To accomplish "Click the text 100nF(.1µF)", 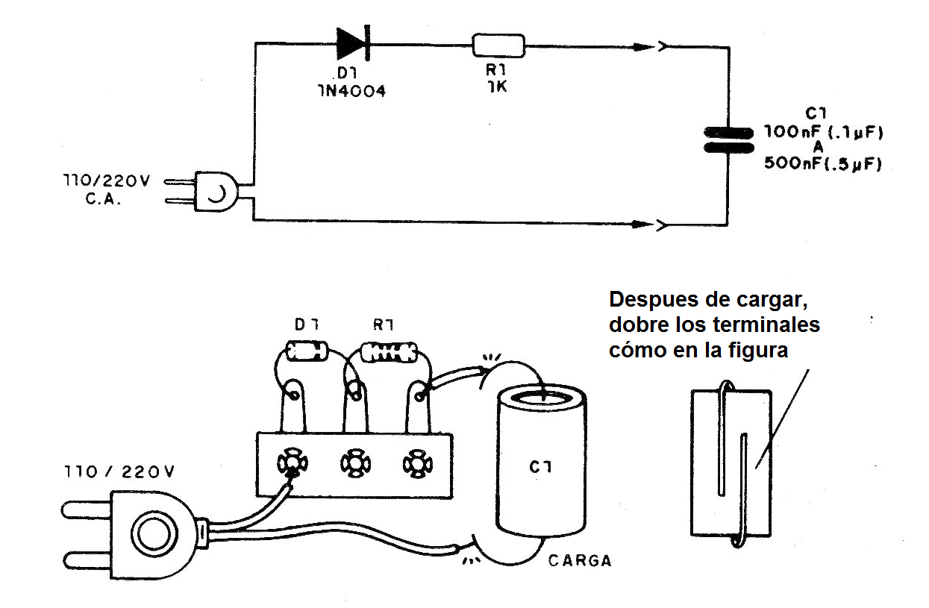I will tap(822, 133).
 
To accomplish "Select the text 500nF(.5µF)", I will tap(822, 164).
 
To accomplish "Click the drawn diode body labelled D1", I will tap(307, 349).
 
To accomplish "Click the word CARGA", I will tap(579, 560).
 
